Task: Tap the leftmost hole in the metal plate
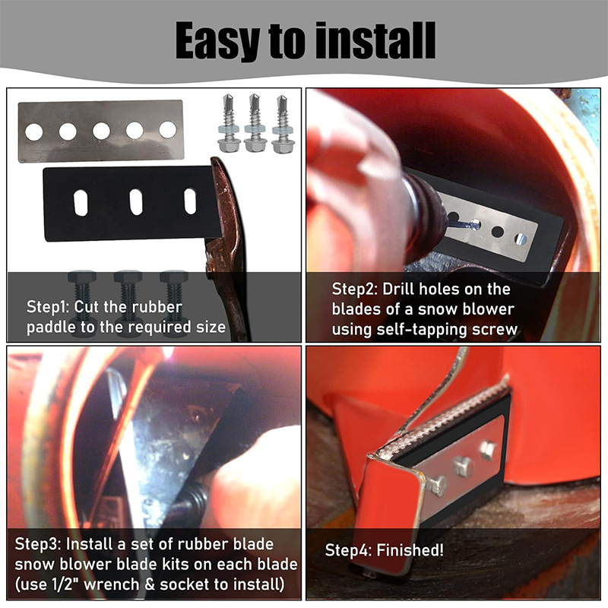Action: pyautogui.click(x=34, y=131)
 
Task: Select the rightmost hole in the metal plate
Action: pyautogui.click(x=168, y=130)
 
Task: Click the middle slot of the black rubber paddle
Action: pyautogui.click(x=136, y=202)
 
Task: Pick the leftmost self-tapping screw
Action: pyautogui.click(x=228, y=123)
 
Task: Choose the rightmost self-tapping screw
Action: pyautogui.click(x=282, y=124)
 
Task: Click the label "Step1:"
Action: pyautogui.click(x=48, y=307)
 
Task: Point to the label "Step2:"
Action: pyautogui.click(x=354, y=290)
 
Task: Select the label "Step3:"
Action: pyautogui.click(x=37, y=544)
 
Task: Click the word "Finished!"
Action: pyautogui.click(x=410, y=550)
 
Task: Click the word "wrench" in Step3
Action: pyautogui.click(x=111, y=584)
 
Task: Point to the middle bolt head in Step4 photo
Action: pyautogui.click(x=464, y=466)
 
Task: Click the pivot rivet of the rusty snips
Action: pyautogui.click(x=211, y=268)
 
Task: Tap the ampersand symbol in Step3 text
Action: pyautogui.click(x=150, y=584)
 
